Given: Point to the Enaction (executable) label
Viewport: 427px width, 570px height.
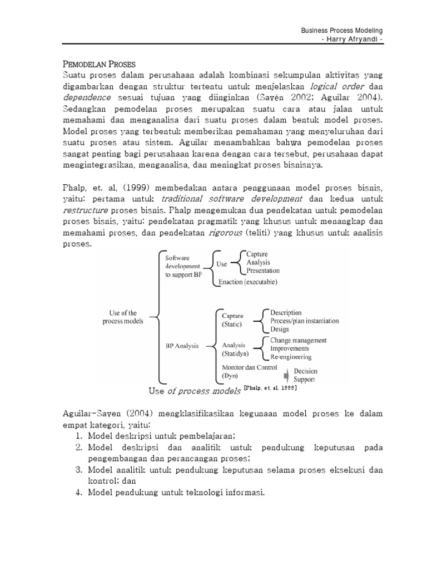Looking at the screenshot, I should point(247,282).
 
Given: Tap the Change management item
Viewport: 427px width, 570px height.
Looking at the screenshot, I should point(298,340).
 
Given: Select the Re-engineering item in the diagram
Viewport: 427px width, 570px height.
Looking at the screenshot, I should point(291,357).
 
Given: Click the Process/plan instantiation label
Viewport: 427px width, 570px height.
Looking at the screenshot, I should point(304,321).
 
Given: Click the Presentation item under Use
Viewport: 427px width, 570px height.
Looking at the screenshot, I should point(259,271).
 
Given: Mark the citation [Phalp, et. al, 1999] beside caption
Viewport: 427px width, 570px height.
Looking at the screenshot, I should point(270,388).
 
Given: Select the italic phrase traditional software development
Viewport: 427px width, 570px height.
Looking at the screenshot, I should point(232,199).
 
